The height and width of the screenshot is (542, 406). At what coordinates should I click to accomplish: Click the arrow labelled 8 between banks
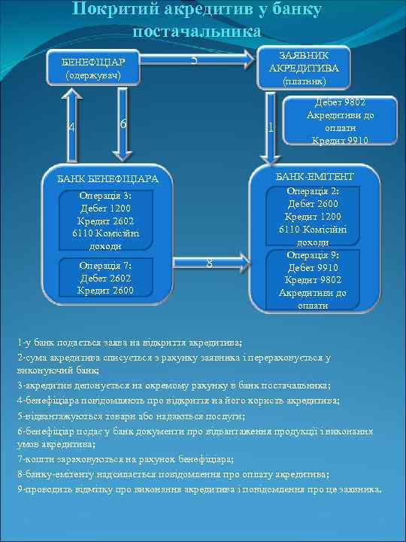click(x=209, y=262)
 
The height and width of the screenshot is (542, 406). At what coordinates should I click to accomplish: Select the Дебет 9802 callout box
click(x=340, y=120)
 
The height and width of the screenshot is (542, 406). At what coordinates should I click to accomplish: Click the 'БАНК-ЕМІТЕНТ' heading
click(x=315, y=176)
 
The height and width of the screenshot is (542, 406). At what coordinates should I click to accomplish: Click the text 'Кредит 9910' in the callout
click(x=340, y=140)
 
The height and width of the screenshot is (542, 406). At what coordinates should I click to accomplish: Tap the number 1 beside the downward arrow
click(x=270, y=126)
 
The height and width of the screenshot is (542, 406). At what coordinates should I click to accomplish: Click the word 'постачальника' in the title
click(x=198, y=32)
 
